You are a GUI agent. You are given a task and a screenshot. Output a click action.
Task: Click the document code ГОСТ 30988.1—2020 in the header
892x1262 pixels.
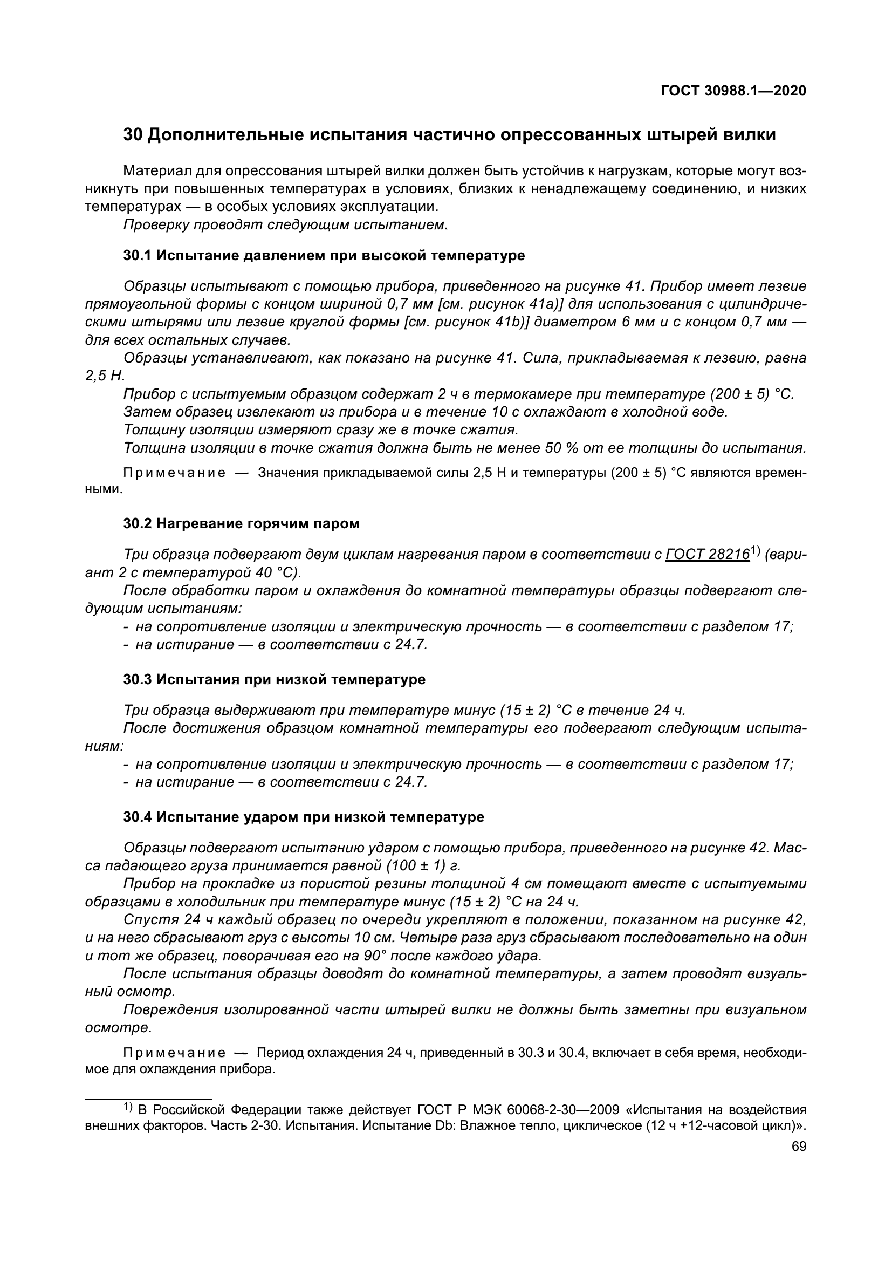click(733, 91)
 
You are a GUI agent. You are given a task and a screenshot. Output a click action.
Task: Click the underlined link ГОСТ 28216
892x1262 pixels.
click(708, 555)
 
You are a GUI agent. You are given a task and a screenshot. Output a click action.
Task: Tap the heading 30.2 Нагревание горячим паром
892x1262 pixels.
click(241, 524)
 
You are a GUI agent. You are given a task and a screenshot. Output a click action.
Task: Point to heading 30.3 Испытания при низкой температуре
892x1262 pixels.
click(274, 680)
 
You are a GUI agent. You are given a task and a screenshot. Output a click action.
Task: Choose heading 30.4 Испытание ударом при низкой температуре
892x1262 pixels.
click(304, 817)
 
